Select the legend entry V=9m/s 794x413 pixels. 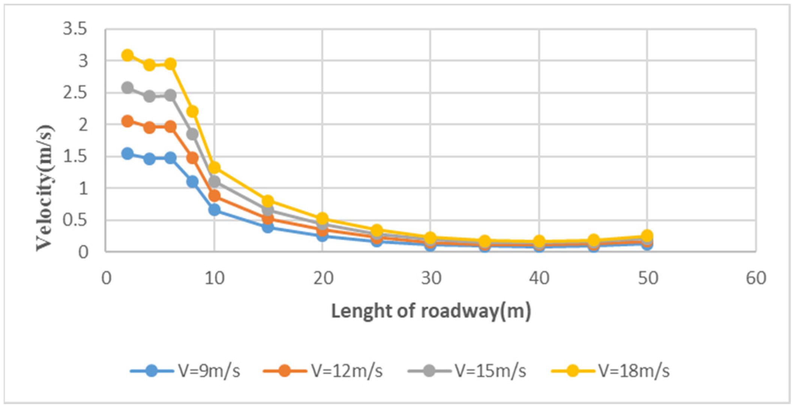pyautogui.click(x=186, y=371)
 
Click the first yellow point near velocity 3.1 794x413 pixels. pyautogui.click(x=128, y=55)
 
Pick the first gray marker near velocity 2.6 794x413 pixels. pyautogui.click(x=128, y=88)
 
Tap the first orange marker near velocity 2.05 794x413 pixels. pyautogui.click(x=128, y=121)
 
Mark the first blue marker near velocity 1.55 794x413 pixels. pyautogui.click(x=128, y=153)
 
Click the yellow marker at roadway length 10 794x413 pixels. pyautogui.click(x=214, y=167)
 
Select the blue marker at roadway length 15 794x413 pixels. pyautogui.click(x=268, y=226)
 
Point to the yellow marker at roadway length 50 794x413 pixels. pyautogui.click(x=647, y=235)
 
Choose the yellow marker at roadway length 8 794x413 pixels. pyautogui.click(x=192, y=111)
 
